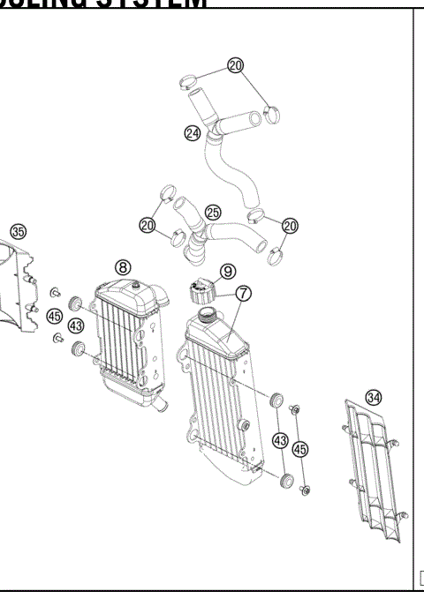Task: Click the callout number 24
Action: [x=193, y=133]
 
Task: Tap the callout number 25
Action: [x=213, y=212]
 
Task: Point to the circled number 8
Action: [x=123, y=266]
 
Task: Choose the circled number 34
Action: [x=374, y=398]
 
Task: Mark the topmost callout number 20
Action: [x=234, y=65]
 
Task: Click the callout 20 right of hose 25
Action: [x=290, y=227]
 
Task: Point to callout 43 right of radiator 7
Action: [x=281, y=438]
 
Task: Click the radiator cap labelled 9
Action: [x=201, y=289]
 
